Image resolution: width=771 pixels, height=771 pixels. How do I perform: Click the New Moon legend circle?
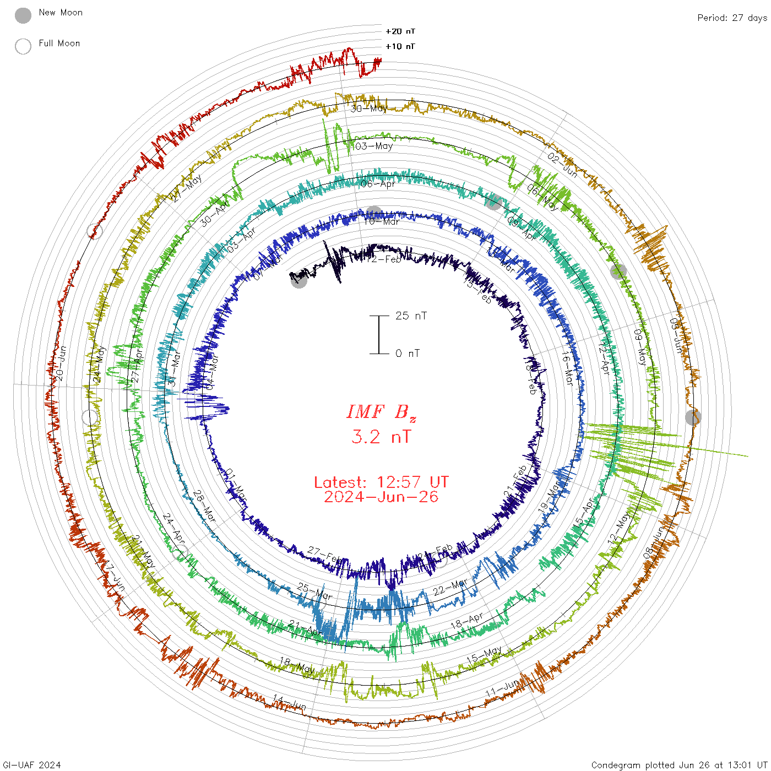[23, 15]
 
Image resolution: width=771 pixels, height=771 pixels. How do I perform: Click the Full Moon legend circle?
[23, 46]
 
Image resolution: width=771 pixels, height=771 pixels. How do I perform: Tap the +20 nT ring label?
[400, 31]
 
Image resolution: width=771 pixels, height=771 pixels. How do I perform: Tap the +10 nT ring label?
[400, 46]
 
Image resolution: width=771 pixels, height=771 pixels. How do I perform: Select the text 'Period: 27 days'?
[732, 18]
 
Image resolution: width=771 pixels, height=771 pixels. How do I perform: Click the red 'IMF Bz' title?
[381, 412]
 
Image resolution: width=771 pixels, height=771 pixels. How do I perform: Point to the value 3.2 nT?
[381, 437]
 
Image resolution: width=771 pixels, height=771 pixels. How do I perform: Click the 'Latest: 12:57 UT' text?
[381, 482]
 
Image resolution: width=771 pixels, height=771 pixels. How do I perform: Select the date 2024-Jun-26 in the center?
[381, 497]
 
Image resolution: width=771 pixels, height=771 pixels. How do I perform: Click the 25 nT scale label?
[411, 316]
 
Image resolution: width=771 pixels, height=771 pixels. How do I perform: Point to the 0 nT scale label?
[408, 353]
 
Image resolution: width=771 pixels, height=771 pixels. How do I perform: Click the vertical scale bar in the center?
[379, 334]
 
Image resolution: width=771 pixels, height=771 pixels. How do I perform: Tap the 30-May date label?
[369, 108]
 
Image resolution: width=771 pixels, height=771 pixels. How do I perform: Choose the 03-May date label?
[374, 146]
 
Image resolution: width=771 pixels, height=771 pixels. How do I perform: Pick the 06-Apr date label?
[378, 183]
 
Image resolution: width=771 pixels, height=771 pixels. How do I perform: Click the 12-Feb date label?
[384, 259]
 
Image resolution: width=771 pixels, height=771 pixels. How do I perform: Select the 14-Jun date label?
[289, 702]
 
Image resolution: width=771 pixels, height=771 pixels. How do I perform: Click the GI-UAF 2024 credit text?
[31, 765]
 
